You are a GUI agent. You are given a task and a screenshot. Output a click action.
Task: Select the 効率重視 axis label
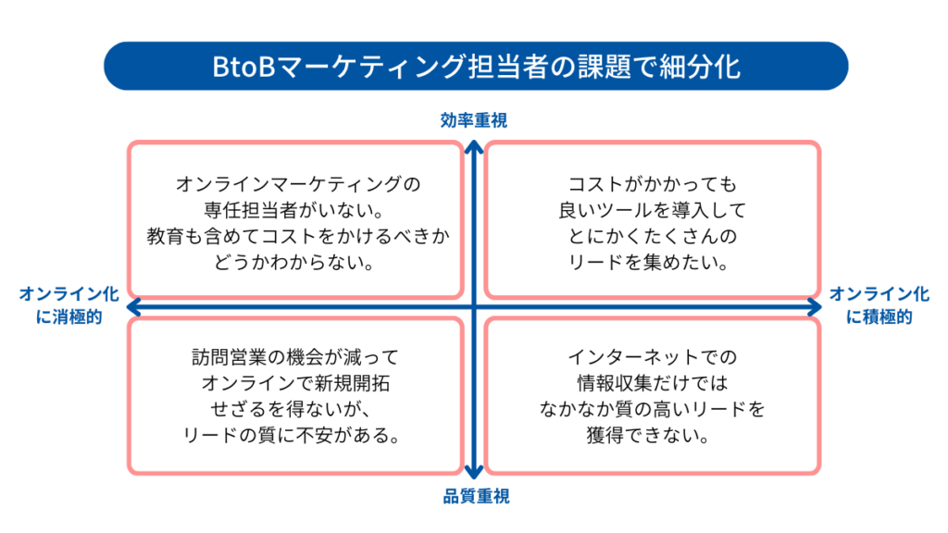[474, 120]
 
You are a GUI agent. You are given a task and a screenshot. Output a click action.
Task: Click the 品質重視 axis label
[474, 497]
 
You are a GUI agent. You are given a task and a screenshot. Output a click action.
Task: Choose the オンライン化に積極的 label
[879, 305]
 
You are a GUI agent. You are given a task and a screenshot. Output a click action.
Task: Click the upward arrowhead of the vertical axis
[474, 145]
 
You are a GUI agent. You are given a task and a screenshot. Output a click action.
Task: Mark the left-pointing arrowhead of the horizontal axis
[132, 306]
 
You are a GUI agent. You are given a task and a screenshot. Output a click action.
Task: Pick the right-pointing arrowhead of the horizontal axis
[816, 306]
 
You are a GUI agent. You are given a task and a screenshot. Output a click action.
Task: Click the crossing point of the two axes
[474, 306]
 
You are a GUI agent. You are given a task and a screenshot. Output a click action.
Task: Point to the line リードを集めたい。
[652, 262]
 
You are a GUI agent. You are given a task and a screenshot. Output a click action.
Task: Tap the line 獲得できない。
[652, 434]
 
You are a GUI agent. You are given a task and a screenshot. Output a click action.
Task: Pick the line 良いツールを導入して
[652, 210]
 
